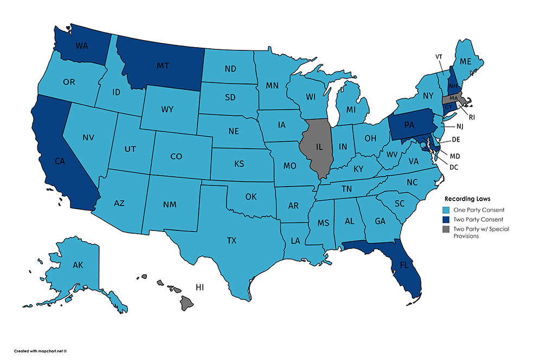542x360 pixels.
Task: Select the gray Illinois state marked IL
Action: coord(320,147)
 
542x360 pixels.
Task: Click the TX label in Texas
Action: coord(231,240)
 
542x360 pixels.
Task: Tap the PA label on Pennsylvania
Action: coord(409,125)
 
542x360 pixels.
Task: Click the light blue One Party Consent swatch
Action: coord(448,210)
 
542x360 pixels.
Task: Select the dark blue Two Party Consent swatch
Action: coord(448,220)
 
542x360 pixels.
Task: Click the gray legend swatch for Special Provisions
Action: coord(448,229)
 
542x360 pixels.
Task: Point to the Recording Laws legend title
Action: coord(467,199)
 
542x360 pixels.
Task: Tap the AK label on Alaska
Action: coord(78,265)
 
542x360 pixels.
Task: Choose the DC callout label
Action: coord(454,167)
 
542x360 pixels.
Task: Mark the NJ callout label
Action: coord(460,127)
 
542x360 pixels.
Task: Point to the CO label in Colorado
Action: coord(176,157)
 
